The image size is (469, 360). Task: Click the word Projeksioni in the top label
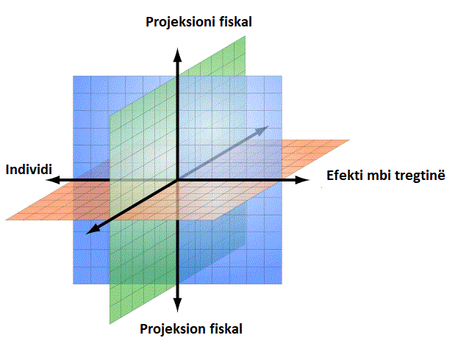pyautogui.click(x=181, y=23)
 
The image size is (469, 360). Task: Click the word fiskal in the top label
pyautogui.click(x=236, y=22)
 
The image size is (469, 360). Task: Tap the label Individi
pyautogui.click(x=29, y=170)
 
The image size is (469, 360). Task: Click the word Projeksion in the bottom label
pyautogui.click(x=173, y=329)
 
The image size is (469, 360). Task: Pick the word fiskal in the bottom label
pyautogui.click(x=226, y=328)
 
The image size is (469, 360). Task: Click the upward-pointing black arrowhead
pyautogui.click(x=178, y=54)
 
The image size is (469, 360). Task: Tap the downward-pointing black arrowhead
pyautogui.click(x=178, y=305)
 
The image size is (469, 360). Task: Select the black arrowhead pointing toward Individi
pyautogui.click(x=53, y=180)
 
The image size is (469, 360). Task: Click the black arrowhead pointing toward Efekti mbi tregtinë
pyautogui.click(x=302, y=180)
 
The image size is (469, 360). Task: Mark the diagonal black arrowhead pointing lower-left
pyautogui.click(x=92, y=229)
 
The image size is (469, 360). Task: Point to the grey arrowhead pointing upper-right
pyautogui.click(x=262, y=130)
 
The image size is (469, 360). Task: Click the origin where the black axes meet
pyautogui.click(x=178, y=180)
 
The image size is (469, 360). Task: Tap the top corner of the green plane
pyautogui.click(x=246, y=36)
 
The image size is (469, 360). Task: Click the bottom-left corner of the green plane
pyautogui.click(x=110, y=324)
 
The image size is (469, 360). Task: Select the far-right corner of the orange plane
pyautogui.click(x=349, y=140)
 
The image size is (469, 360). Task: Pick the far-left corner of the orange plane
pyautogui.click(x=6, y=220)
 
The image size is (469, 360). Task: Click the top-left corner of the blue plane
pyautogui.click(x=74, y=76)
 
